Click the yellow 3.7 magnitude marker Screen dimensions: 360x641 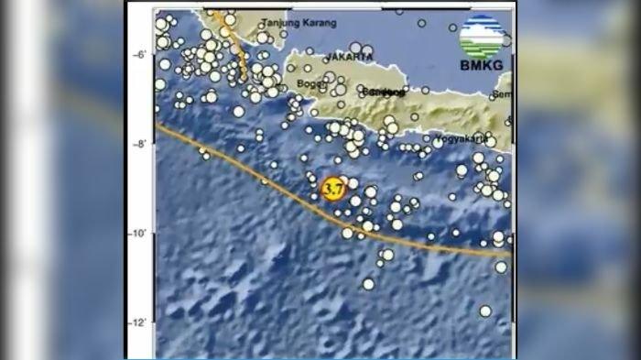(333, 190)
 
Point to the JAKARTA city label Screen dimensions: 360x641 (349, 57)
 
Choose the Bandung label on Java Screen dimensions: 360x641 (383, 93)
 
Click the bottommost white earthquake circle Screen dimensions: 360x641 (485, 311)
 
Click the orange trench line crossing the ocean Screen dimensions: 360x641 (275, 188)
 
